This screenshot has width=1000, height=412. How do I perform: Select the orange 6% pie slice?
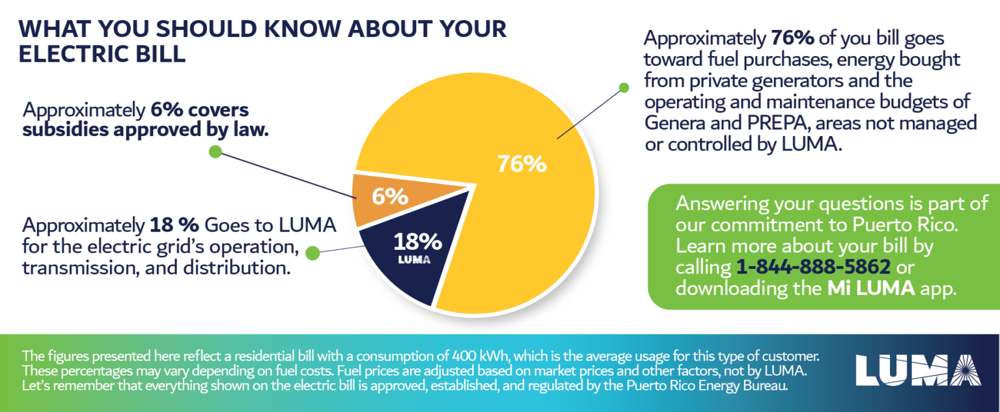391,195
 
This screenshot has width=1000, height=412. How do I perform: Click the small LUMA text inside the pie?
412,260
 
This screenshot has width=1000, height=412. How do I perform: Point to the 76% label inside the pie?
521,164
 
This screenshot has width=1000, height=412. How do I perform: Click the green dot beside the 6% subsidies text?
215,152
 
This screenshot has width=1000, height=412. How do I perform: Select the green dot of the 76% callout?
623,87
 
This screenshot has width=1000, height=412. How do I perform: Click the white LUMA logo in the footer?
919,370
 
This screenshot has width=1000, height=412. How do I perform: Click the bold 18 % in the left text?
174,226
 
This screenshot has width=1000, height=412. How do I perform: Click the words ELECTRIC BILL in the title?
102,54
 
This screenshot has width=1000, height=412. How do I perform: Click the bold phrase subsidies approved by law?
145,130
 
